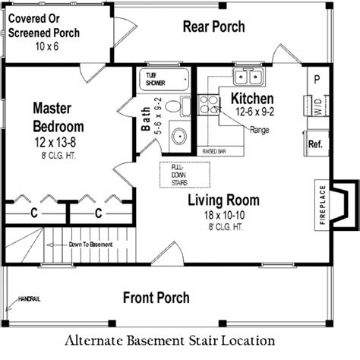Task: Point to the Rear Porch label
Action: coord(214,27)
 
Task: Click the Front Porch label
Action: coord(156,297)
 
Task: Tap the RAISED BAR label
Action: coord(215,152)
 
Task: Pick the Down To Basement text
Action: coord(90,245)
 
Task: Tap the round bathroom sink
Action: coord(180,137)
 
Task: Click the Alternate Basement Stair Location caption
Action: coord(180,340)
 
